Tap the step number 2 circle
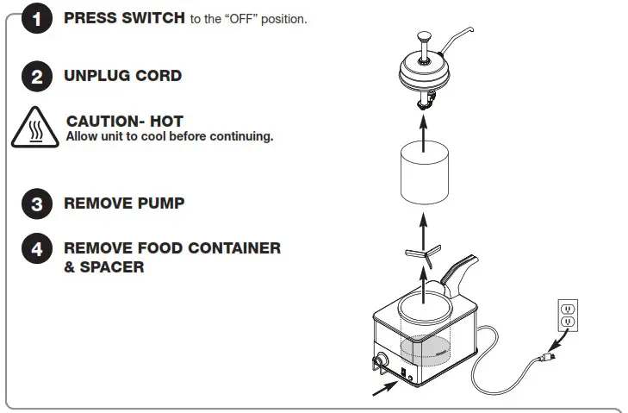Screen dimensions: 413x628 pyautogui.click(x=36, y=77)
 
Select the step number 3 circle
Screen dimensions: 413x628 pyautogui.click(x=36, y=204)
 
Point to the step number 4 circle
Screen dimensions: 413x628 pyautogui.click(x=36, y=249)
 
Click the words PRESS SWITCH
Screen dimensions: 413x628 pyautogui.click(x=125, y=18)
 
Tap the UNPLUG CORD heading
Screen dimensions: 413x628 pyautogui.click(x=122, y=76)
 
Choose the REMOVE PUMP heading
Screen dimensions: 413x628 pyautogui.click(x=124, y=204)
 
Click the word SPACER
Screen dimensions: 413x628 pyautogui.click(x=111, y=267)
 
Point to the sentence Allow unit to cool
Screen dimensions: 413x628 pyautogui.click(x=170, y=136)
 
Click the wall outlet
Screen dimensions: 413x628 pyautogui.click(x=568, y=315)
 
